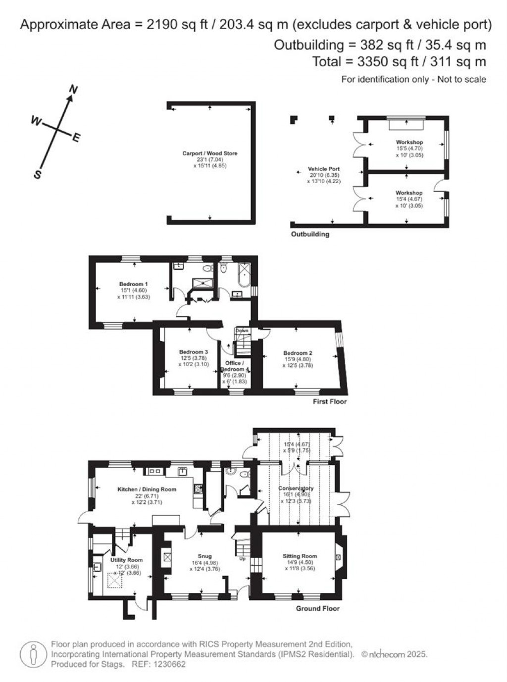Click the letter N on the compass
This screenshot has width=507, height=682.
pyautogui.click(x=74, y=90)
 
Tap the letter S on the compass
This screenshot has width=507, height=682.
pyautogui.click(x=37, y=175)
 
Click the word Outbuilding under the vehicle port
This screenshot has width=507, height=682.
pyautogui.click(x=310, y=234)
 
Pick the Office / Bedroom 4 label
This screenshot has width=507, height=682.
pyautogui.click(x=234, y=366)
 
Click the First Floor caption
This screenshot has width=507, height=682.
pyautogui.click(x=330, y=401)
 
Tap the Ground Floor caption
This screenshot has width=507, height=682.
pyautogui.click(x=318, y=608)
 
